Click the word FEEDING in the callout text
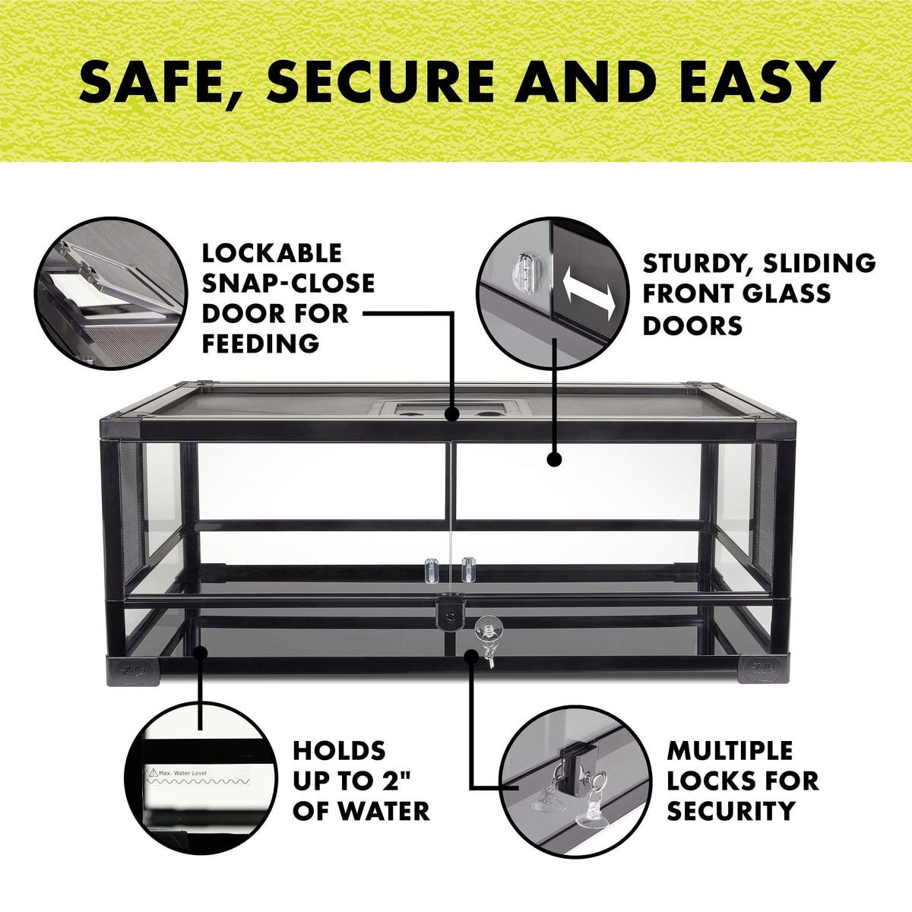pyautogui.click(x=261, y=343)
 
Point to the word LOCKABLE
pyautogui.click(x=271, y=253)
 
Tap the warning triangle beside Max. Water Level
pyautogui.click(x=153, y=773)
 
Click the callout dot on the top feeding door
pyautogui.click(x=451, y=415)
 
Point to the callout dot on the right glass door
pyautogui.click(x=554, y=458)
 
